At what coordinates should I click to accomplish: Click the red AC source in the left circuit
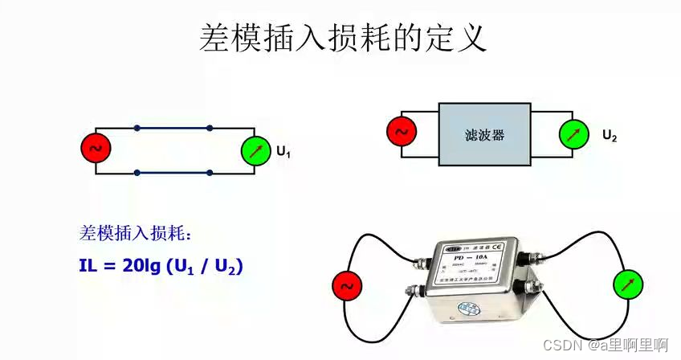95,149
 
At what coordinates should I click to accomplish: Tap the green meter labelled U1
255,150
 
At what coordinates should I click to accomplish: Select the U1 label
283,151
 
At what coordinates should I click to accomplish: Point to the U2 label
610,136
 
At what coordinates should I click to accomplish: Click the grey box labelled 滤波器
484,134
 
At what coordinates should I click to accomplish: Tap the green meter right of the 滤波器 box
573,134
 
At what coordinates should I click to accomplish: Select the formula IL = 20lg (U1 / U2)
161,264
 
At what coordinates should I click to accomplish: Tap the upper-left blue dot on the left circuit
137,128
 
